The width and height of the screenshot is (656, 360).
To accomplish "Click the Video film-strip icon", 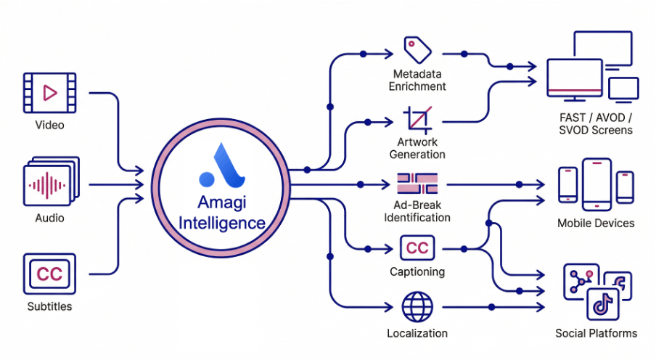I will tap(49, 92).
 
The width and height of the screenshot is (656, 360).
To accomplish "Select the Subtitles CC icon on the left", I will tap(49, 274).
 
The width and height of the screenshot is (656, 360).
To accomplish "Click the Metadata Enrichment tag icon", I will tap(417, 49).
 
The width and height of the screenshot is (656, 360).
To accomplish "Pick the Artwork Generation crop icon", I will tap(417, 119).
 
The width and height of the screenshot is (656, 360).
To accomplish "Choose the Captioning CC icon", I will tap(417, 248).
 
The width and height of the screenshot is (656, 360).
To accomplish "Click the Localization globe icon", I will tap(417, 306).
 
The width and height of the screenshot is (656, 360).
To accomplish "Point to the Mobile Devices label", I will tap(596, 223).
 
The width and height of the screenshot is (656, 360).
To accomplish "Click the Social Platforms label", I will tap(596, 333).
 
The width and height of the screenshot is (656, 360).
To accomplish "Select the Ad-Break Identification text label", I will tap(417, 210).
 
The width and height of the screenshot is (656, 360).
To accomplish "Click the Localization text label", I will tap(417, 333).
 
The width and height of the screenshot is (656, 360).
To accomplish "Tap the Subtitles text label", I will tap(49, 306).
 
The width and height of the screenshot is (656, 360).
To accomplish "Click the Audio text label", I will tap(49, 218).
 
